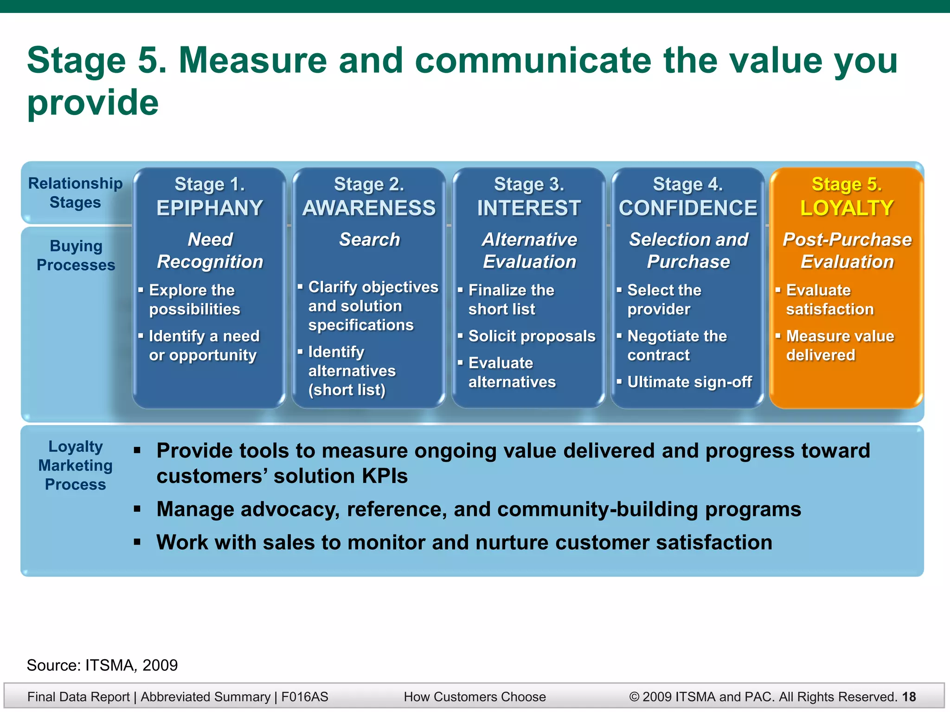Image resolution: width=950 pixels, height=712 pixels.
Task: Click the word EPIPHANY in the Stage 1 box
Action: click(210, 208)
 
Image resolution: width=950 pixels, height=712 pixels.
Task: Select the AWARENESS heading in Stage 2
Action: click(369, 208)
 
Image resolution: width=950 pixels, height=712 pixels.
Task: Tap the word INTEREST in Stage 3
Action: click(529, 208)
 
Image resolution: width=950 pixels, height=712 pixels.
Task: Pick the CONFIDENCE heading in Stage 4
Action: click(688, 208)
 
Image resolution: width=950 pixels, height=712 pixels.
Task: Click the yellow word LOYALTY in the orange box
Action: click(847, 208)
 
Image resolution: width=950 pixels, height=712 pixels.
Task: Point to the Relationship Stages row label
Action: click(75, 193)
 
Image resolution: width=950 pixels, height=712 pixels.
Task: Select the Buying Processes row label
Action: click(76, 255)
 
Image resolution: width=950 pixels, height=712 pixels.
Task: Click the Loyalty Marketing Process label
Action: click(75, 465)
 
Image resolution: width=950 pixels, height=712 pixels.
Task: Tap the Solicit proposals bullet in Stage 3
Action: click(532, 336)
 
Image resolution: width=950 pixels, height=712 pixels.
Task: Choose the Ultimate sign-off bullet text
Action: click(689, 382)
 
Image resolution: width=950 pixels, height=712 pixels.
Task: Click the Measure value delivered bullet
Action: click(840, 345)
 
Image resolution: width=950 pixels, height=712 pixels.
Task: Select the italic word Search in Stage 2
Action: click(369, 240)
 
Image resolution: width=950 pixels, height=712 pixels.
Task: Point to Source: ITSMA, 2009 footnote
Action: click(102, 665)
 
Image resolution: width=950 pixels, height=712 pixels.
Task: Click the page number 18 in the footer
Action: click(909, 697)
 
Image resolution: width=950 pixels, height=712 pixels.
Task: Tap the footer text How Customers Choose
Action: click(475, 697)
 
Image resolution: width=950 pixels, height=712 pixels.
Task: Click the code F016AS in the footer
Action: click(305, 697)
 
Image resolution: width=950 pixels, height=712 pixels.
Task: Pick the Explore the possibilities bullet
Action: click(194, 299)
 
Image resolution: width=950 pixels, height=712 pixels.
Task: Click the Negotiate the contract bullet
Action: click(676, 345)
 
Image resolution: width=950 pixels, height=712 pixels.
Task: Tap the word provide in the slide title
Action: click(93, 103)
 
